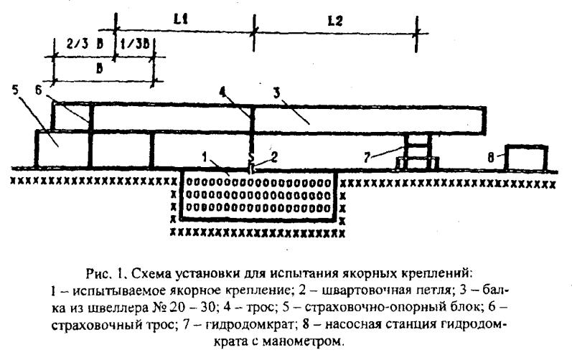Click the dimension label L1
coord(180,19)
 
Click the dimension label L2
coord(335,21)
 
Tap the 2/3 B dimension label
coord(85,44)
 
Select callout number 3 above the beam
coord(276,93)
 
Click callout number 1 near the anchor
coord(205,157)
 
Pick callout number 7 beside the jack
coord(367,157)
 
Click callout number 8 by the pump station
coord(491,157)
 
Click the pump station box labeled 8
coord(526,158)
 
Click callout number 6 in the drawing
coord(39,90)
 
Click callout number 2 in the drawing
coord(273,157)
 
